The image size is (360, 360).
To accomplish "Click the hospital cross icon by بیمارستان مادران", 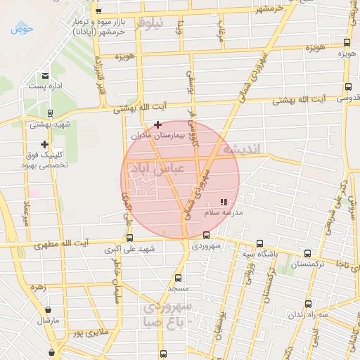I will pyautogui.click(x=157, y=124).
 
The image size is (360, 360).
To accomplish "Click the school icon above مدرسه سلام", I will pyautogui.click(x=224, y=202).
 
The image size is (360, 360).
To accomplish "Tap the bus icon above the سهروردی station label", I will pyautogui.click(x=206, y=236).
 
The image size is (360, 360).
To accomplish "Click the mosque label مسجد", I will pyautogui.click(x=176, y=288).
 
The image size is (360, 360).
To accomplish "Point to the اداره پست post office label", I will pyautogui.click(x=46, y=85).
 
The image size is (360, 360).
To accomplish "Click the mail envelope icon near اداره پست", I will pyautogui.click(x=45, y=75).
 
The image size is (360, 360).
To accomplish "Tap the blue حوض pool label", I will pyautogui.click(x=22, y=30).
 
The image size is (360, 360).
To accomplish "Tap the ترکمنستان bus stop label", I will pyautogui.click(x=308, y=264).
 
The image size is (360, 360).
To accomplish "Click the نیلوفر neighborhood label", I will pyautogui.click(x=151, y=23).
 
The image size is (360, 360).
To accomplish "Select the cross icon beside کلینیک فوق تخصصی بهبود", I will pyautogui.click(x=44, y=144).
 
